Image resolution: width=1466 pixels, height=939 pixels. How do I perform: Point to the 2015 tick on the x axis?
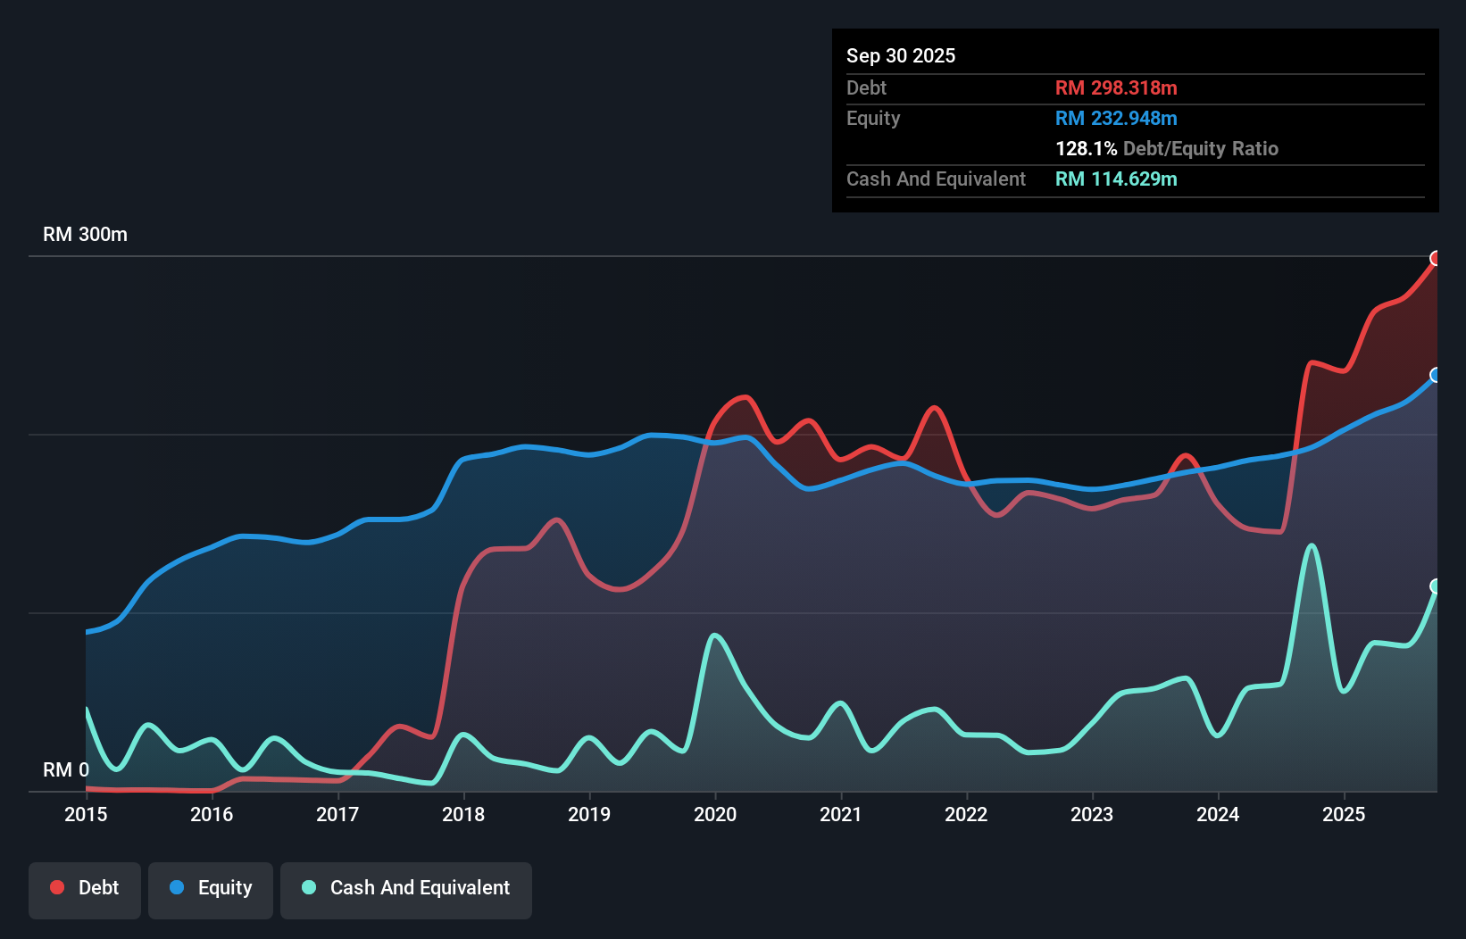pyautogui.click(x=86, y=814)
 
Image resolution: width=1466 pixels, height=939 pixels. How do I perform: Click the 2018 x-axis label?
pyautogui.click(x=463, y=814)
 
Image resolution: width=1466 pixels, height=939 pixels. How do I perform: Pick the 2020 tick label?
pyautogui.click(x=715, y=814)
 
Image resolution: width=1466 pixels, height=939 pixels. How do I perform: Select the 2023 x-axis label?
pyautogui.click(x=1092, y=814)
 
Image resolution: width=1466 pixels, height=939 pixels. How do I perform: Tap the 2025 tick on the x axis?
pyautogui.click(x=1344, y=814)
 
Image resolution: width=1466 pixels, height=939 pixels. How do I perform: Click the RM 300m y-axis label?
pyautogui.click(x=85, y=235)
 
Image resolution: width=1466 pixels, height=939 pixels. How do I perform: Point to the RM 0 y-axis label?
pyautogui.click(x=66, y=769)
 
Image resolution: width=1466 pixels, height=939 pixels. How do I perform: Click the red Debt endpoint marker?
pyautogui.click(x=1436, y=259)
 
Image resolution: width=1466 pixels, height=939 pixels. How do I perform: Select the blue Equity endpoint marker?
pyautogui.click(x=1436, y=375)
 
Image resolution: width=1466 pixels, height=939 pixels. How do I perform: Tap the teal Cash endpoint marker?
pyautogui.click(x=1436, y=586)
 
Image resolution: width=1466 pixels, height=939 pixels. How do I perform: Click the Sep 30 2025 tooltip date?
pyautogui.click(x=900, y=55)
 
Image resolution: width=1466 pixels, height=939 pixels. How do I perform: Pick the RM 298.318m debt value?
pyautogui.click(x=1115, y=87)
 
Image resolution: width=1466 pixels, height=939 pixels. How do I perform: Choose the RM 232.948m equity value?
pyautogui.click(x=1115, y=118)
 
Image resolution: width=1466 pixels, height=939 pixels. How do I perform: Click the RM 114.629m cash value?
pyautogui.click(x=1115, y=179)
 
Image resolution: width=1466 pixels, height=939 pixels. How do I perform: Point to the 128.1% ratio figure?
pyautogui.click(x=1086, y=148)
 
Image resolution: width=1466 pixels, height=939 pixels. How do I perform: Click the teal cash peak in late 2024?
pyautogui.click(x=1311, y=545)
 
